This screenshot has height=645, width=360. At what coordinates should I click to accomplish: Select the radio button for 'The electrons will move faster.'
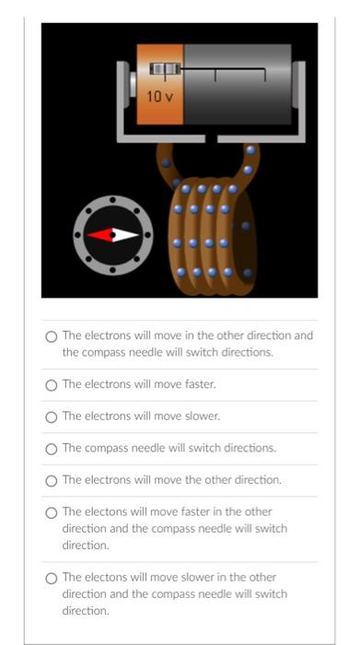tap(52, 384)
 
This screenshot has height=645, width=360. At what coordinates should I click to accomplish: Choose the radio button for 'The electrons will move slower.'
tap(52, 416)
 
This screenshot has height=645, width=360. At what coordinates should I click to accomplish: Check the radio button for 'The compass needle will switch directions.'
tap(52, 449)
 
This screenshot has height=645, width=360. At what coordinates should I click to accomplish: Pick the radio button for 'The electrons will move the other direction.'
tap(52, 480)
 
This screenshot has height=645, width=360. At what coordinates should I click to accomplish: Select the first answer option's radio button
tap(52, 336)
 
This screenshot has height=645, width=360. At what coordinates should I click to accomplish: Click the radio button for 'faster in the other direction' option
tap(52, 512)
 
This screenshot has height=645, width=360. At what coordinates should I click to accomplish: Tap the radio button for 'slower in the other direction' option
tap(52, 578)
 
